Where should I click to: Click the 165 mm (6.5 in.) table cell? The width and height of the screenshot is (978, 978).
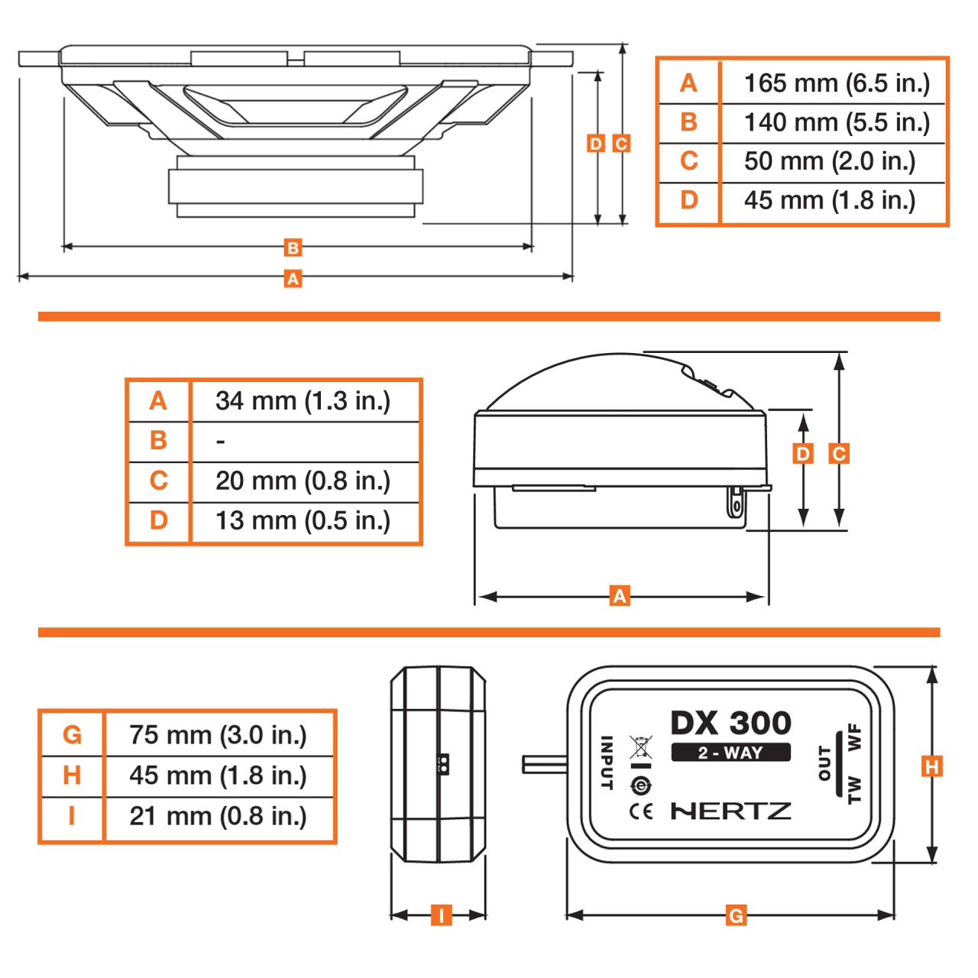click(x=837, y=83)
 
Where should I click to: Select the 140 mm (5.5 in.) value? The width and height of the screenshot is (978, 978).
click(x=837, y=122)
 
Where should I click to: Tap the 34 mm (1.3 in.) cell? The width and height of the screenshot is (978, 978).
click(x=303, y=400)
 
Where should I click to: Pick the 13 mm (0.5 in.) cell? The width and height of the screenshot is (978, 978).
click(x=303, y=520)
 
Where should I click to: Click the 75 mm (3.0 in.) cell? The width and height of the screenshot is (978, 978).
click(x=218, y=734)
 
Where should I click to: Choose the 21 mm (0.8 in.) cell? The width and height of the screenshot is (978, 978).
click(x=218, y=816)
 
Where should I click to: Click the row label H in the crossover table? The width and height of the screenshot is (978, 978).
click(x=72, y=776)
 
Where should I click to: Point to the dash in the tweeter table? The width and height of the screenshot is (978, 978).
click(x=221, y=442)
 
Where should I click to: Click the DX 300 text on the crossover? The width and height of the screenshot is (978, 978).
click(x=730, y=723)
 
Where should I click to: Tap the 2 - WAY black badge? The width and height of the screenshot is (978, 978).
click(x=730, y=753)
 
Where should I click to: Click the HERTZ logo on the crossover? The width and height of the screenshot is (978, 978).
click(x=730, y=811)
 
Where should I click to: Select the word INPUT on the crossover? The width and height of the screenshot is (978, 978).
click(x=607, y=763)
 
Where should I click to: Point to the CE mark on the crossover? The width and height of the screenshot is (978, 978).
click(x=641, y=811)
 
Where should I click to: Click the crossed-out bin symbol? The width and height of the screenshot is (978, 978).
click(x=640, y=746)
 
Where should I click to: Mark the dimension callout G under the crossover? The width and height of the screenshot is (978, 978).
click(x=735, y=915)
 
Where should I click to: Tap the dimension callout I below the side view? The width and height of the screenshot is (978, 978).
click(x=441, y=915)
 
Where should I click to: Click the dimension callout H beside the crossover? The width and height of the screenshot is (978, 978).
click(x=931, y=766)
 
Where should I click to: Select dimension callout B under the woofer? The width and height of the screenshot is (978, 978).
click(x=293, y=248)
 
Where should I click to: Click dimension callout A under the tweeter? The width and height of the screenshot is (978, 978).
click(x=620, y=596)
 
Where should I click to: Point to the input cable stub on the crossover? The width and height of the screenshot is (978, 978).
click(x=544, y=764)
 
